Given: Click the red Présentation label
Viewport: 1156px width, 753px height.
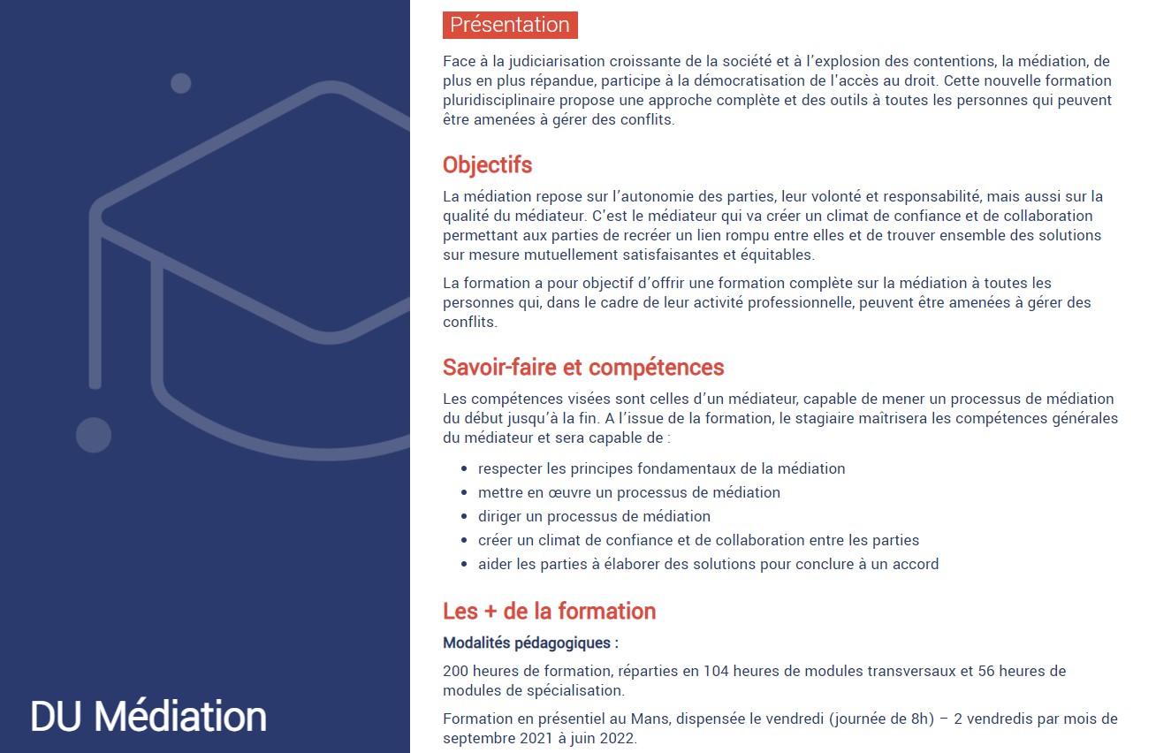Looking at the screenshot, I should (x=510, y=25).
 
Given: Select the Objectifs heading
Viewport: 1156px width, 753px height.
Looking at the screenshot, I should (x=487, y=165).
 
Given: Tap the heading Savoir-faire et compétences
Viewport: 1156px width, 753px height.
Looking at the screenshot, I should (x=583, y=368).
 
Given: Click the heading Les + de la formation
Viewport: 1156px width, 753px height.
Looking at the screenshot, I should (x=549, y=612).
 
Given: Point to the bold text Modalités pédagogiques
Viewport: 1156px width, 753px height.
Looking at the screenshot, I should (x=530, y=643).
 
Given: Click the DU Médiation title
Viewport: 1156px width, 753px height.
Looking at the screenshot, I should (x=148, y=716).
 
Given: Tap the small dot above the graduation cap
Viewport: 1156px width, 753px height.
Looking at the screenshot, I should (x=181, y=83).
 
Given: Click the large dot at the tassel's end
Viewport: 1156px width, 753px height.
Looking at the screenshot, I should (x=94, y=435).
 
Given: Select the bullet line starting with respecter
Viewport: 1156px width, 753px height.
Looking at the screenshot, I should (x=661, y=468).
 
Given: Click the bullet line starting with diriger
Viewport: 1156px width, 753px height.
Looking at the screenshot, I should (x=594, y=516).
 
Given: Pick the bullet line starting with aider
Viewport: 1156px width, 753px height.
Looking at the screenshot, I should (x=708, y=564).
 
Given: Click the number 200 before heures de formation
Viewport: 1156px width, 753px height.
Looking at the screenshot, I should (x=456, y=671).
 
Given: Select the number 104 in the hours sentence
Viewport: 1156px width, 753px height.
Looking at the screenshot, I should (x=715, y=671).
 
